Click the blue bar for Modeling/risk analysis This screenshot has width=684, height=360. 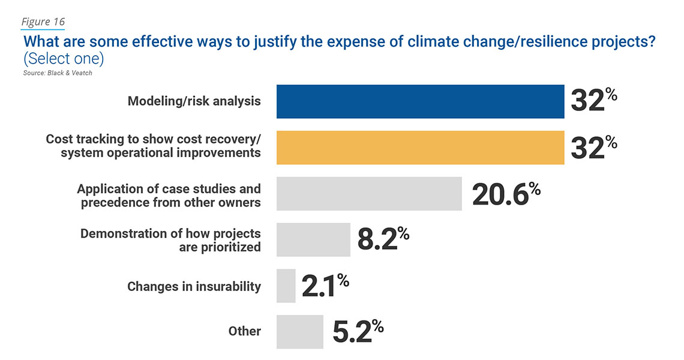[420, 101]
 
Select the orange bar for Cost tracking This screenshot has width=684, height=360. [420, 148]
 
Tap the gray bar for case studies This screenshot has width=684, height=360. [369, 194]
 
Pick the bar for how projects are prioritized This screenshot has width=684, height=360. [313, 240]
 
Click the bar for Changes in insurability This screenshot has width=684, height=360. [286, 286]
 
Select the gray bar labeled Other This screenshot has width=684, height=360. [299, 332]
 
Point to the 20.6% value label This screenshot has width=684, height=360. [506, 194]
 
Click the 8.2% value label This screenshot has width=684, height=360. [383, 240]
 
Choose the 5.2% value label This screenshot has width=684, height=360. [357, 332]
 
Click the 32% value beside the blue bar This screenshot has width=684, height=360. [593, 101]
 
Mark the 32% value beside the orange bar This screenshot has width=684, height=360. [593, 148]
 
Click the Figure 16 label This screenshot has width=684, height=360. [43, 22]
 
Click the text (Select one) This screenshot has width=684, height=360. [64, 59]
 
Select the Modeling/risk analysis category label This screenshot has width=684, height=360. [194, 101]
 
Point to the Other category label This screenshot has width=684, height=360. [244, 331]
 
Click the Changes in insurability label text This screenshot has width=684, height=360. [194, 287]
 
